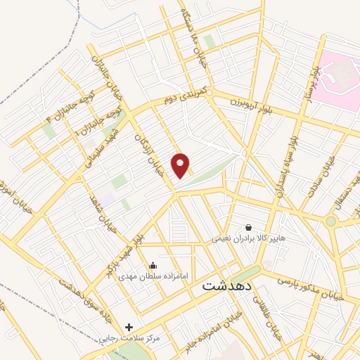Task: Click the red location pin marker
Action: [x=181, y=165]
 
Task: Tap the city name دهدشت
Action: [x=227, y=287]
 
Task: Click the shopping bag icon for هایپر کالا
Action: [x=249, y=227]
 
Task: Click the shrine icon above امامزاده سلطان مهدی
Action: [x=153, y=265]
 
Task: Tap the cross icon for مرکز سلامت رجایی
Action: [x=128, y=327]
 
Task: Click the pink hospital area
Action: [x=337, y=77]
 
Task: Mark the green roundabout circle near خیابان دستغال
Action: [x=330, y=221]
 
